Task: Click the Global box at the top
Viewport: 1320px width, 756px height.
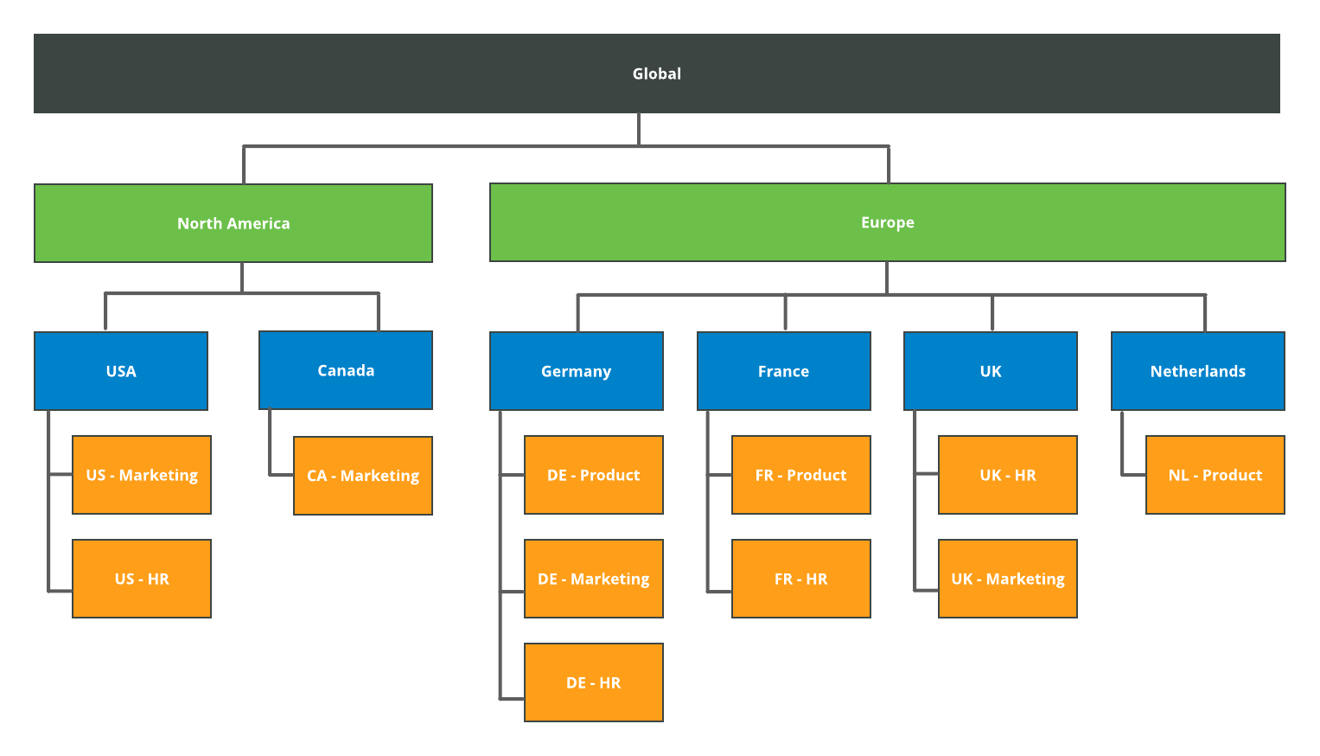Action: [656, 74]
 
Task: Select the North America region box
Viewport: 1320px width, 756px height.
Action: [233, 223]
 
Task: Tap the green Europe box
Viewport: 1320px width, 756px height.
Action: [887, 222]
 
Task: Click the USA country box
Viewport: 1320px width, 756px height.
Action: [121, 371]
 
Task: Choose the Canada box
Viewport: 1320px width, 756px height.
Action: [346, 370]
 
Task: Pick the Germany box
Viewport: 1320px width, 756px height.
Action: [576, 371]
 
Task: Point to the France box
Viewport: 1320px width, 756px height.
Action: [783, 371]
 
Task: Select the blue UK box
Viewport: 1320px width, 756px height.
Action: [991, 371]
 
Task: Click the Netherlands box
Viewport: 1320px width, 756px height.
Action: [1197, 371]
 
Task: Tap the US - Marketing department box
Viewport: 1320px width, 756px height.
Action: [142, 475]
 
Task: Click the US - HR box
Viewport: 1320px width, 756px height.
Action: [142, 579]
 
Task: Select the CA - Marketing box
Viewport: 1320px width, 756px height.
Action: [363, 476]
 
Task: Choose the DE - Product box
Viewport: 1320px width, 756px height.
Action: [593, 475]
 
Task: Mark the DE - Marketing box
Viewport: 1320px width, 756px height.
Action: [593, 579]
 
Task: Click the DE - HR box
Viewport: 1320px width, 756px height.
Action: [593, 682]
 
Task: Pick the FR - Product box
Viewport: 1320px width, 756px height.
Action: [800, 475]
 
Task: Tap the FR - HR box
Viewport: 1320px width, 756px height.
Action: [800, 579]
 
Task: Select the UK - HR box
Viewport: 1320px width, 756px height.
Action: [1008, 475]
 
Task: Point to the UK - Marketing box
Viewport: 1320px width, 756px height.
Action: [1008, 579]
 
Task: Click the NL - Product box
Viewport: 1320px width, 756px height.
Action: [1215, 475]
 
